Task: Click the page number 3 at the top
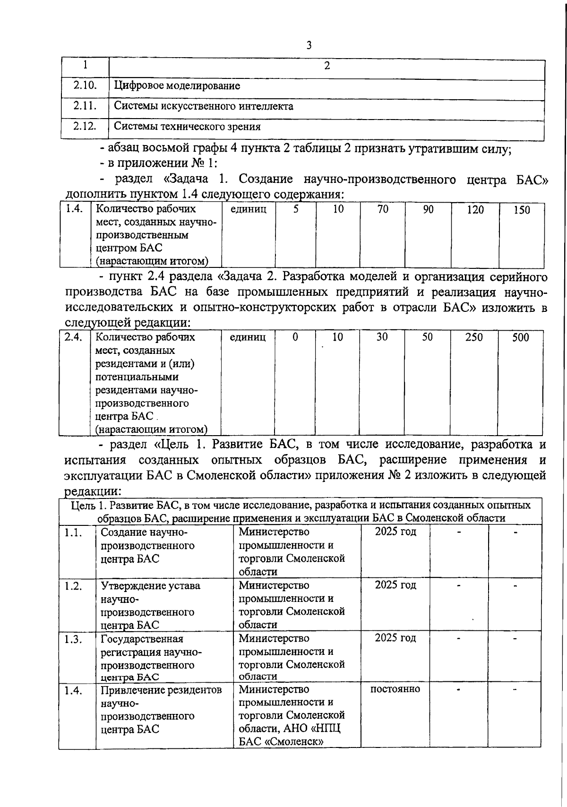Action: point(309,45)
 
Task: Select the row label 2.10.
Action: point(85,85)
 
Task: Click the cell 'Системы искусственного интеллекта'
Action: point(204,106)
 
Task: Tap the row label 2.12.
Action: point(85,126)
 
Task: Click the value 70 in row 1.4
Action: point(383,209)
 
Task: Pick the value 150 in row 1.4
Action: point(522,210)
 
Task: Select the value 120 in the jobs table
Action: point(475,210)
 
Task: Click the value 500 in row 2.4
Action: point(521,337)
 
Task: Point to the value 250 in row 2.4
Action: point(474,337)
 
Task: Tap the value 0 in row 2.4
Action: point(295,337)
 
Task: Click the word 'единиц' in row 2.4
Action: point(248,337)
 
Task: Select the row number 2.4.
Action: point(74,337)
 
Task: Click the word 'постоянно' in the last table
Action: point(395,689)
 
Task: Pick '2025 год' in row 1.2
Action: point(395,585)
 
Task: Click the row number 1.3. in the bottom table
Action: point(74,639)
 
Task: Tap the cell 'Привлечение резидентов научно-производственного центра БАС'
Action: point(161,709)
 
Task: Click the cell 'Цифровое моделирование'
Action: point(177,86)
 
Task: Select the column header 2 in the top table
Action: point(326,65)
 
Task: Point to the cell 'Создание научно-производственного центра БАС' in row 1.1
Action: point(147,545)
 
